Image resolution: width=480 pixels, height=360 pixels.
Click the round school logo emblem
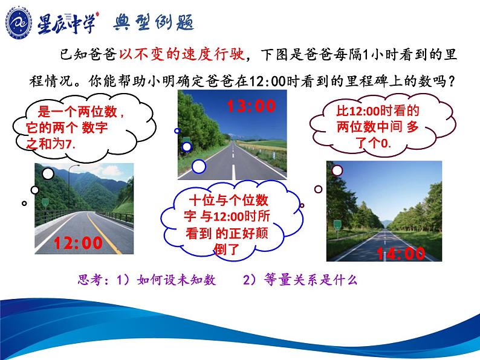coord(19,23)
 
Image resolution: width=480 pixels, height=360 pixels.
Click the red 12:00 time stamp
coord(78,243)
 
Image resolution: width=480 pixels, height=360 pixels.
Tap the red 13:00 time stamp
coord(251,106)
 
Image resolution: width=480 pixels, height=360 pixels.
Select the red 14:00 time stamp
coord(401,254)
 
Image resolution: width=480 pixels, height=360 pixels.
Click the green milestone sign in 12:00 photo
coord(45,202)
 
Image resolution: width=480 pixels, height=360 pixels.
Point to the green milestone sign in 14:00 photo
coord(337,225)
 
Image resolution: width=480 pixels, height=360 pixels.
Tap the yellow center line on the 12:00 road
coord(103,233)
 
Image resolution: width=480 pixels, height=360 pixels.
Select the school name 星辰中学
coord(66,23)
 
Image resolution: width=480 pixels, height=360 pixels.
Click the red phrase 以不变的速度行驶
coord(182,54)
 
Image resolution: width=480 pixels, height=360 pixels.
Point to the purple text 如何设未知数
coord(177,280)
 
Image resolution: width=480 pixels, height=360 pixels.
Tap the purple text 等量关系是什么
coord(311,280)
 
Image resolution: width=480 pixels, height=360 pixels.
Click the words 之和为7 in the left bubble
coord(51,143)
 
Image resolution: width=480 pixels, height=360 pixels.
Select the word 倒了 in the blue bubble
coord(226,249)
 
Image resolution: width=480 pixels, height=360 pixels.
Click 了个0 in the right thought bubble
coord(373,143)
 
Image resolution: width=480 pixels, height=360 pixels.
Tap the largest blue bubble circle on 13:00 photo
coord(199,167)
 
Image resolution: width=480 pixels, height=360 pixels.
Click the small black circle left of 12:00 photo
coord(24,203)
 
